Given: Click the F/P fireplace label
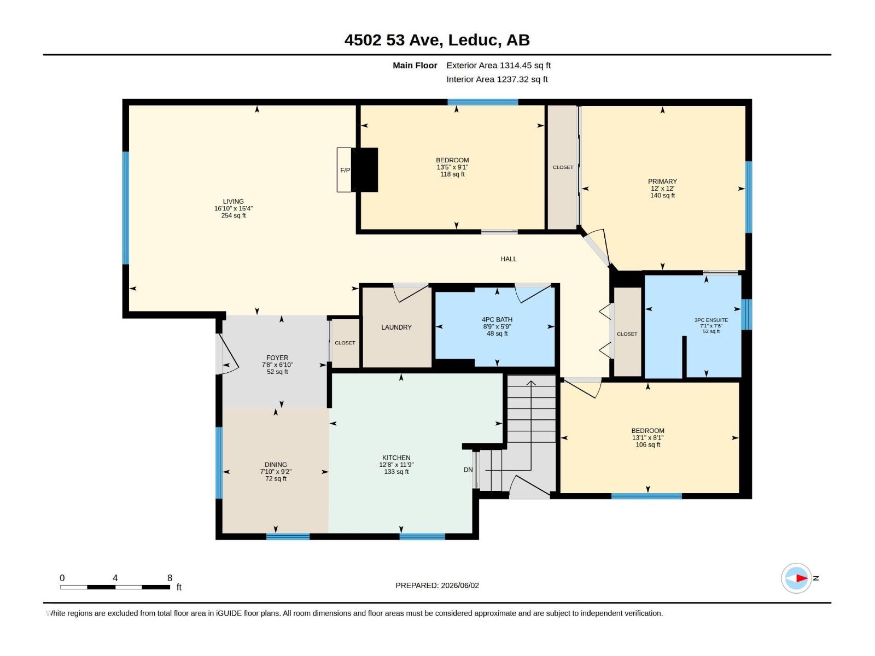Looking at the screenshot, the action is click(x=345, y=170).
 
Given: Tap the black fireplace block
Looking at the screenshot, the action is click(x=364, y=169).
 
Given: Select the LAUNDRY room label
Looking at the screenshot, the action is click(x=396, y=327).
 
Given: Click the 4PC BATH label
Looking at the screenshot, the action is click(x=497, y=319).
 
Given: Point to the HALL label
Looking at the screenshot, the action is click(x=509, y=259).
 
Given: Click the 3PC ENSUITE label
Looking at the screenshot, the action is click(x=711, y=320).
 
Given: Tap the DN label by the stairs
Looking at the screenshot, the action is click(x=468, y=470).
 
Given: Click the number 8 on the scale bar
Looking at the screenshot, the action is click(x=170, y=578).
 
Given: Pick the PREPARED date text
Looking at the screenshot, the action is click(x=437, y=585).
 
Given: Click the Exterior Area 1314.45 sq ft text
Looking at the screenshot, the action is click(x=498, y=65).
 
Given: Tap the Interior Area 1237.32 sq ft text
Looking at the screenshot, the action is click(x=497, y=79).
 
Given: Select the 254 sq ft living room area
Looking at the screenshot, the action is click(x=234, y=215).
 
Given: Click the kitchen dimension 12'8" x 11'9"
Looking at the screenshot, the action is click(x=396, y=465).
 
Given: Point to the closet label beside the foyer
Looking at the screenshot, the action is click(x=345, y=343).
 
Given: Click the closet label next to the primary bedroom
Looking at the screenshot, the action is click(x=563, y=167).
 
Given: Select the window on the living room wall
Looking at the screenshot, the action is click(x=126, y=208).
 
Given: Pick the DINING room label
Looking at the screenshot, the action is click(x=276, y=465).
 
